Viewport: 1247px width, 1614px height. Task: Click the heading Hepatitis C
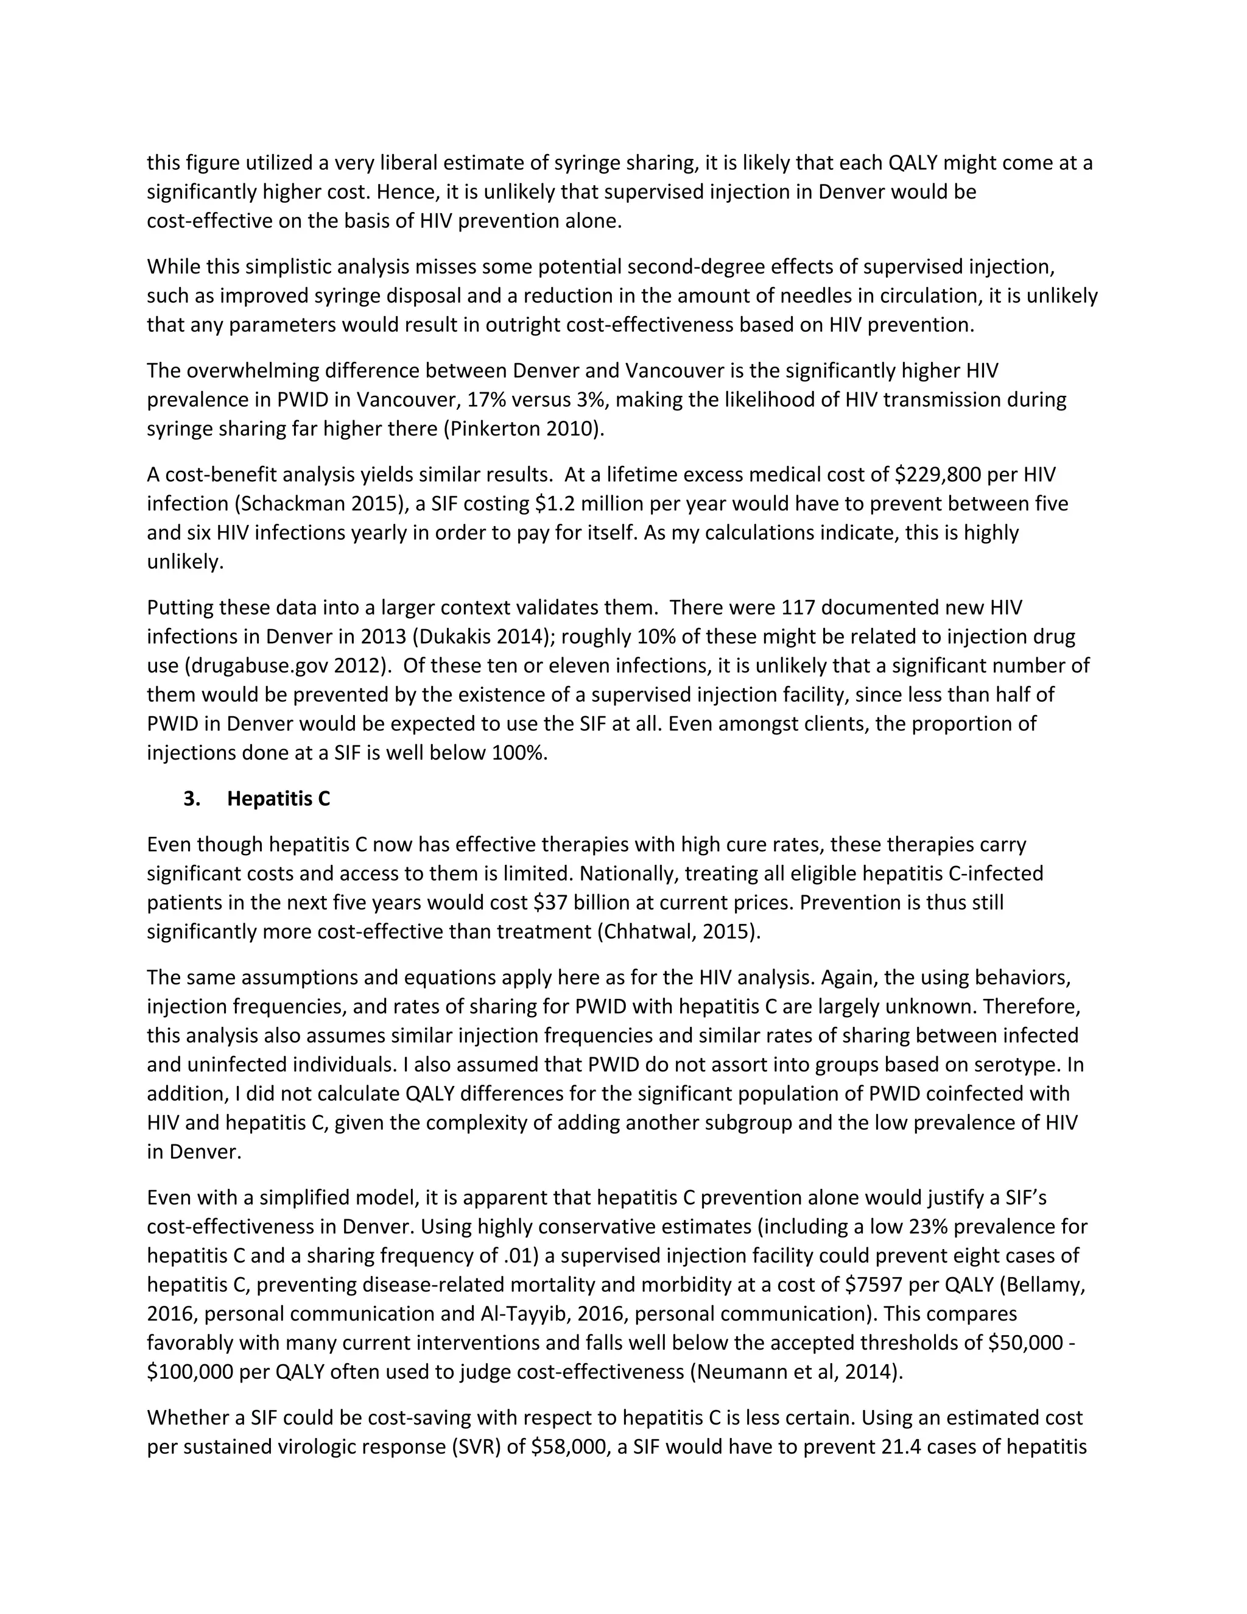(278, 799)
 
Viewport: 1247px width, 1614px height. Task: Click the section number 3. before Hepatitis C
(192, 799)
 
